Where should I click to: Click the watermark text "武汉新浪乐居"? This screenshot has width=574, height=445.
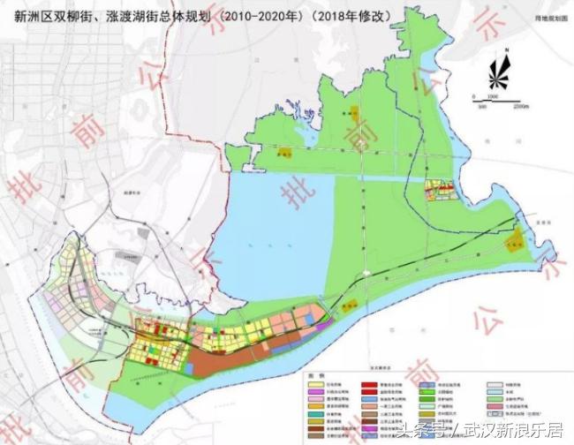click(x=517, y=430)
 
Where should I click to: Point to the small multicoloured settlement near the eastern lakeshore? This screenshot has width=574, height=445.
click(x=439, y=190)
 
